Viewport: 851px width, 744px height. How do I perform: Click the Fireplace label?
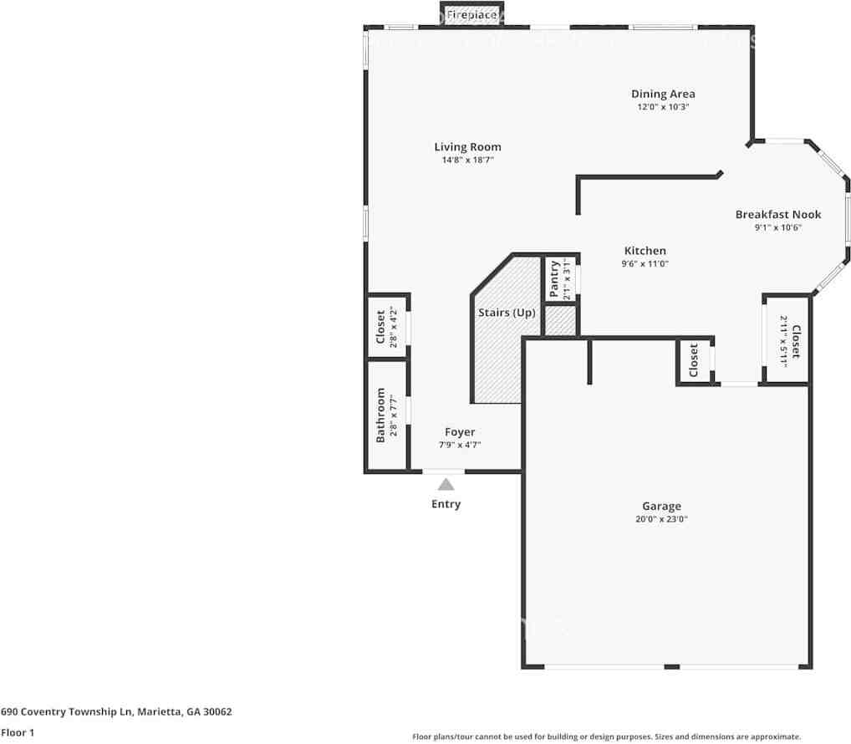(x=471, y=15)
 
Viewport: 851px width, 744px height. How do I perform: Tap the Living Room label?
(x=467, y=146)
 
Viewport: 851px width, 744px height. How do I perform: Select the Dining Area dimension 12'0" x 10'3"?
(x=663, y=107)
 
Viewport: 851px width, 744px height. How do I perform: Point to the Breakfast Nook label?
(x=777, y=214)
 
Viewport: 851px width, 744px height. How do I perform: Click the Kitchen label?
(x=645, y=251)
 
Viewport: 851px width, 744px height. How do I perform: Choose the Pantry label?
(x=553, y=279)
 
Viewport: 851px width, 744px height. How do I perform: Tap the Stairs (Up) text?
(x=507, y=313)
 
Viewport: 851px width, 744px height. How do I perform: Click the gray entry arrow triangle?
(x=446, y=484)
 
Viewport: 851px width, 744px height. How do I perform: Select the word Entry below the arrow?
(x=446, y=504)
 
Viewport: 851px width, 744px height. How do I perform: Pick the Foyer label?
(x=460, y=432)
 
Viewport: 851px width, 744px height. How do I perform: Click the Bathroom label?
(x=380, y=415)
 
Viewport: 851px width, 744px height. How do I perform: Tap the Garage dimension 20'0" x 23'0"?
(x=661, y=519)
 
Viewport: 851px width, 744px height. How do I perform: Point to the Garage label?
(x=661, y=507)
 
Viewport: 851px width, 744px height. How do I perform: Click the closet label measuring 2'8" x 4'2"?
(x=380, y=327)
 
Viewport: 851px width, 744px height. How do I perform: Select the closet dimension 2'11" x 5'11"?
(x=783, y=341)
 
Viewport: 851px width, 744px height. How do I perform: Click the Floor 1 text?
(x=18, y=732)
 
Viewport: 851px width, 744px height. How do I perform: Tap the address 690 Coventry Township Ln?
(x=67, y=711)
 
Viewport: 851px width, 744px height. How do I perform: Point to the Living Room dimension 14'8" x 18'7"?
(x=467, y=161)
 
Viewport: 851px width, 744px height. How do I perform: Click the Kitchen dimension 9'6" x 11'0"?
(x=645, y=263)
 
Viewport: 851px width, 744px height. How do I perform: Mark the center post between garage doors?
(x=672, y=667)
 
